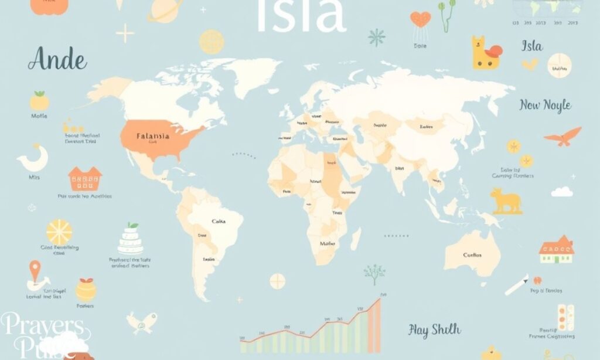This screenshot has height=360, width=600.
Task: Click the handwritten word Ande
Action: (57, 60)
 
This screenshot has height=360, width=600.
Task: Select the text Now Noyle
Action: (545, 106)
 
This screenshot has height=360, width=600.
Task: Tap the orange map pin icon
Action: (35, 271)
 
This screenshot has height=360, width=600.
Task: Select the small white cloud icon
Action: (562, 191)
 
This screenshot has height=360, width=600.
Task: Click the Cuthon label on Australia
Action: (472, 255)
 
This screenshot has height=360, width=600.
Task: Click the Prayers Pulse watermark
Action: (44, 335)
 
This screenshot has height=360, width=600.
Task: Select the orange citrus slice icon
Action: (59, 232)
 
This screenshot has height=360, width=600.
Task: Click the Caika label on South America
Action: (219, 221)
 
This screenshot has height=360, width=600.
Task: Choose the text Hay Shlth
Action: (434, 330)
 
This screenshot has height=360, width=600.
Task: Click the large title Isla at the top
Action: (301, 16)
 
